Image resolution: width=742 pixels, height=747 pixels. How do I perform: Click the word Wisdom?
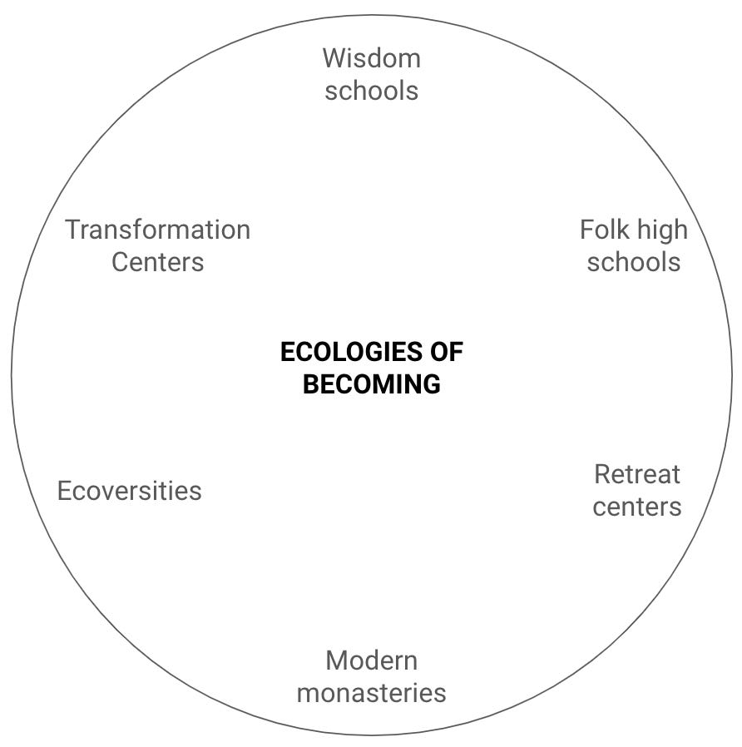(x=371, y=58)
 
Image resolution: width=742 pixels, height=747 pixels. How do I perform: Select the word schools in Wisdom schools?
(x=371, y=91)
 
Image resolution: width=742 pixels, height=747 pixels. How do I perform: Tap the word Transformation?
(x=157, y=230)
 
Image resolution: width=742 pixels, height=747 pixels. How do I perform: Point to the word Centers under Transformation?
(x=157, y=262)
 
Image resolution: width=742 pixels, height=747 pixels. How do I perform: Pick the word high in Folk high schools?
(x=662, y=230)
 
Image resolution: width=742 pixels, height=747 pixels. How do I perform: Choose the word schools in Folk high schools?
(x=634, y=262)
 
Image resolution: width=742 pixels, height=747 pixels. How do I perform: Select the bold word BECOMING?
(x=371, y=384)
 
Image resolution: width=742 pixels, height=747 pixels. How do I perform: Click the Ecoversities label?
(x=129, y=491)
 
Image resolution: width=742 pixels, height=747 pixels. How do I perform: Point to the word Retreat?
(x=637, y=474)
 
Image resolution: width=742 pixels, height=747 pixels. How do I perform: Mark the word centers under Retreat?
(x=637, y=507)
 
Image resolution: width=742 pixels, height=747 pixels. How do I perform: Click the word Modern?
(x=371, y=660)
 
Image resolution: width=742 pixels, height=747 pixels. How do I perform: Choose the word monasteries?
(x=371, y=693)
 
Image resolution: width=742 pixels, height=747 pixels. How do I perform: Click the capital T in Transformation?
(x=72, y=230)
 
